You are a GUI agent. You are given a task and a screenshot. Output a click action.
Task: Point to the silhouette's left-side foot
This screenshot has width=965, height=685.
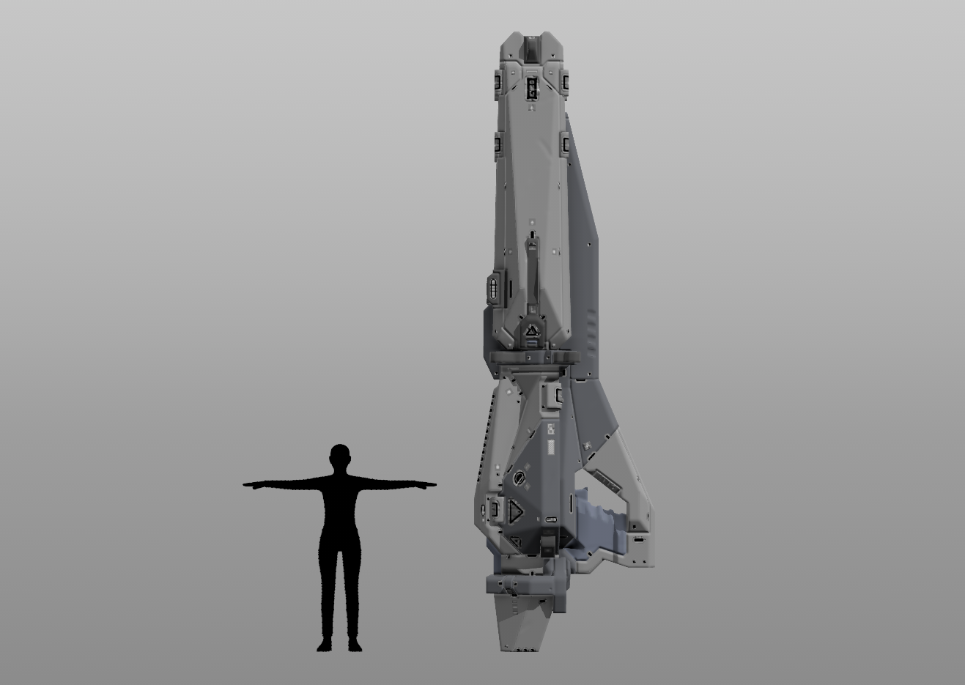[323, 645]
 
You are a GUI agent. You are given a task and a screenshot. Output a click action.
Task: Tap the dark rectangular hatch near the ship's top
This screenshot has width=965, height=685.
[532, 89]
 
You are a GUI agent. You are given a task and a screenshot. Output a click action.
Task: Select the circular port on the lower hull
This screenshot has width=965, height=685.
[520, 477]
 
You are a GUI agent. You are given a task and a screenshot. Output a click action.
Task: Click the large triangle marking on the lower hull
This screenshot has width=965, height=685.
[516, 511]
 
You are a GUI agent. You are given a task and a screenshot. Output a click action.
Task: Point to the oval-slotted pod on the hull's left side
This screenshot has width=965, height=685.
[495, 288]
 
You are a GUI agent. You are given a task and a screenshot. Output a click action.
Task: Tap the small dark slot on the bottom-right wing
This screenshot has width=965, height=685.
[638, 540]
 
